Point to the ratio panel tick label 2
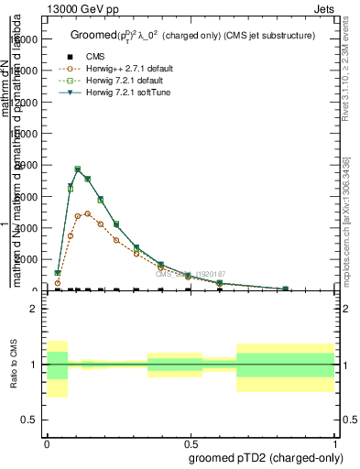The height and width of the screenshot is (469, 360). point(34,310)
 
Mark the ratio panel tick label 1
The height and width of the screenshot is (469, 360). point(34,365)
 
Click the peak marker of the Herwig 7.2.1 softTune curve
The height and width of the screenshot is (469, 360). point(77,169)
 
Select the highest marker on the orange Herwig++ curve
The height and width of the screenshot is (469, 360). point(88,213)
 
